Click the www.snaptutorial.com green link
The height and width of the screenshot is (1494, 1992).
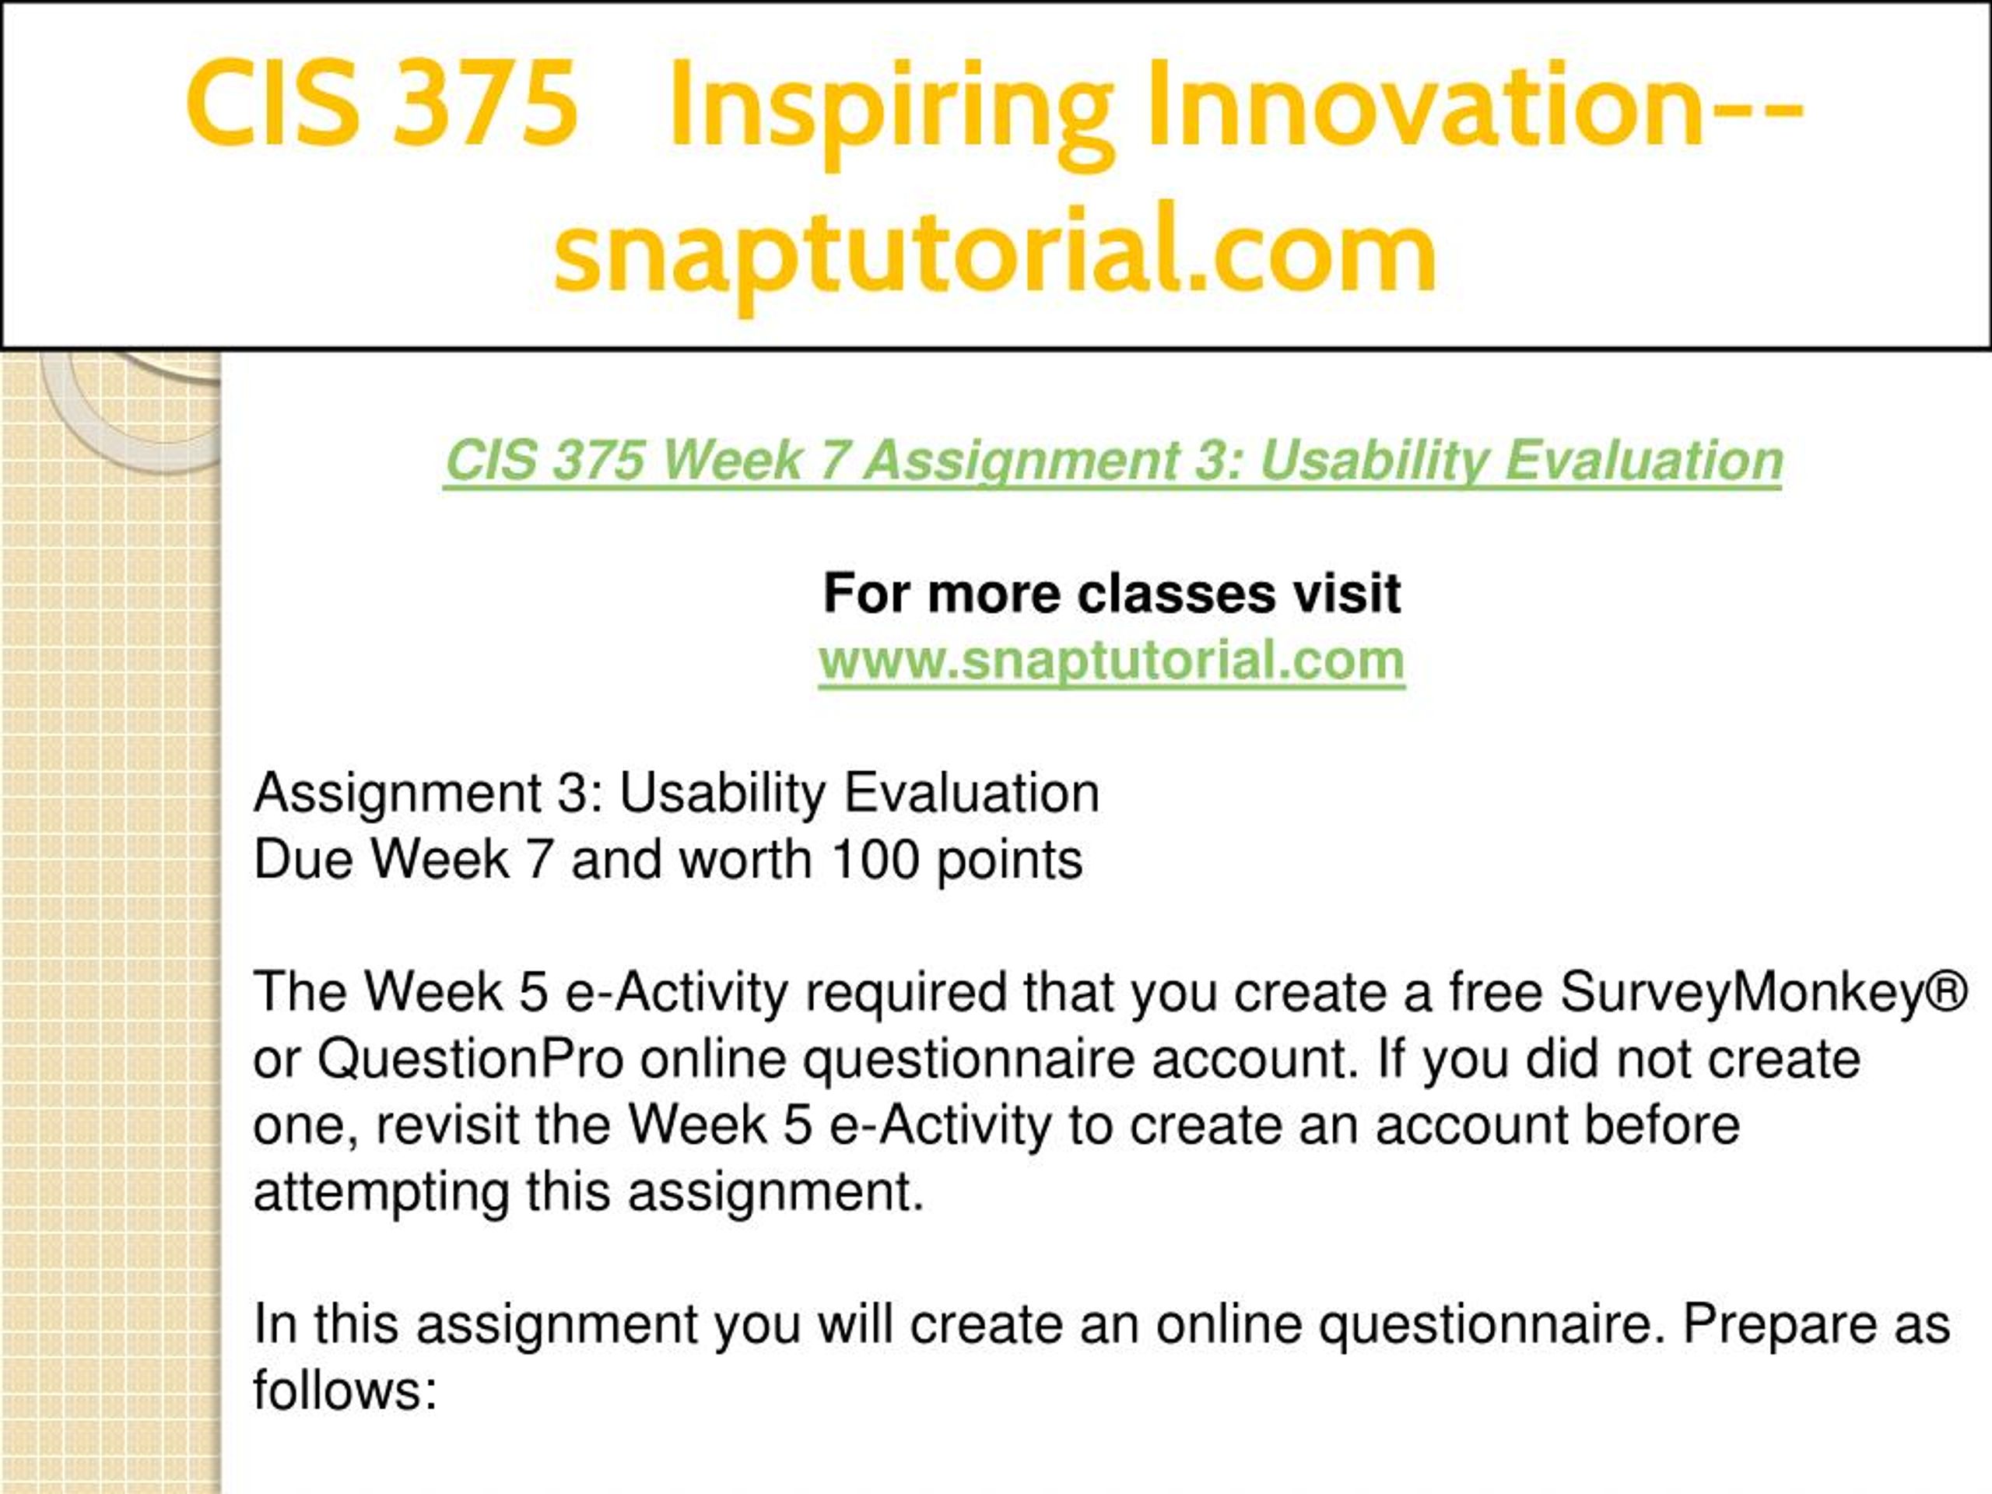pyautogui.click(x=1111, y=660)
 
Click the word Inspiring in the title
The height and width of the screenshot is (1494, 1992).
pyautogui.click(x=891, y=107)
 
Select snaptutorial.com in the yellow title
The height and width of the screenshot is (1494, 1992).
pyautogui.click(x=995, y=251)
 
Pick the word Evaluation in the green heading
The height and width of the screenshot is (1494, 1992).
pyautogui.click(x=1644, y=461)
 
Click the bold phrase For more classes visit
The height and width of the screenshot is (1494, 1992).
pyautogui.click(x=1111, y=594)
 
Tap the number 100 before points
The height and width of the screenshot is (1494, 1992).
pyautogui.click(x=875, y=859)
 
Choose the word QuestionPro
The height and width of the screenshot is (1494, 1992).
pyautogui.click(x=470, y=1059)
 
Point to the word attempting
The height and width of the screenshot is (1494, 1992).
pyautogui.click(x=382, y=1193)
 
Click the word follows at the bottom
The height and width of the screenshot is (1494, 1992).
pyautogui.click(x=345, y=1390)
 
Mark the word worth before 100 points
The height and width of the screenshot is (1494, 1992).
pyautogui.click(x=745, y=859)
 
